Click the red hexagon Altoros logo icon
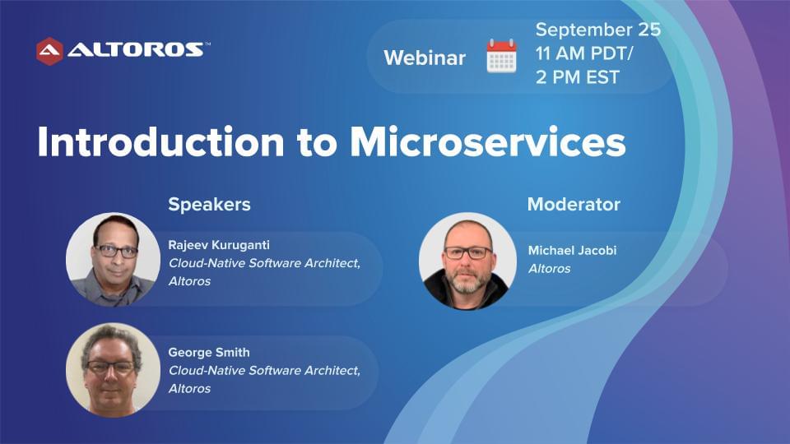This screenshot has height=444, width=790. click(49, 51)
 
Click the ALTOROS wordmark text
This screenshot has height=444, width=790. click(135, 49)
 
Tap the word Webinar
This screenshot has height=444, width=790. click(425, 58)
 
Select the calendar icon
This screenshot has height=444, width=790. click(501, 57)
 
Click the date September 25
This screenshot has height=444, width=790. click(598, 30)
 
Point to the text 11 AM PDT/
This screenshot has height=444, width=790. click(584, 53)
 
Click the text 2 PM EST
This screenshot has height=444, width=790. click(578, 77)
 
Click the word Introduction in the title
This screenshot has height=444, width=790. click(160, 142)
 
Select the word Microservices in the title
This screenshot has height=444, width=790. click(488, 142)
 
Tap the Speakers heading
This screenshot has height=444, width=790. click(209, 205)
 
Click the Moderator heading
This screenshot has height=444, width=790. click(574, 205)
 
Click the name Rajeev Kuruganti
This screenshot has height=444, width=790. click(219, 245)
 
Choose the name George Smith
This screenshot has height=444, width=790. click(209, 353)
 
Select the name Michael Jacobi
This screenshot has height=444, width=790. click(573, 250)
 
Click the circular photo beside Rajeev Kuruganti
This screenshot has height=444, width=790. click(114, 260)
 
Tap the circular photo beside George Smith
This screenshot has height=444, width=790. click(114, 370)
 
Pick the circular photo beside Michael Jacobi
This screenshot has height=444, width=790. click(467, 261)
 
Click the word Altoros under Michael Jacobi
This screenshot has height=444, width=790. click(549, 269)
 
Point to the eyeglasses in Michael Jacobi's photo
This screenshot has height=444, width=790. click(468, 252)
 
